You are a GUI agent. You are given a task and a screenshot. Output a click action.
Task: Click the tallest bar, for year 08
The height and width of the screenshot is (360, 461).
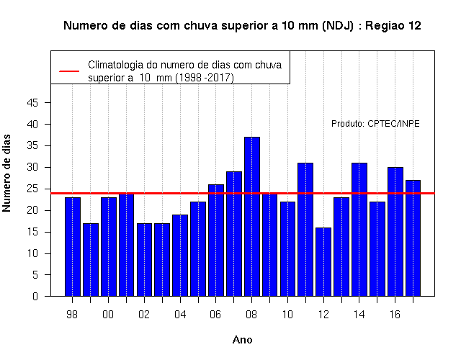pos(252,217)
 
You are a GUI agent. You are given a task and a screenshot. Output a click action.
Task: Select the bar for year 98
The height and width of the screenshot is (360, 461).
pos(73,247)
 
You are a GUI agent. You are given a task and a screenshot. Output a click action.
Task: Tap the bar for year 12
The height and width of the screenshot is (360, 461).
pos(323,262)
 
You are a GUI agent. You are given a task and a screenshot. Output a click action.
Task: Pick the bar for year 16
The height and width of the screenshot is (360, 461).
pos(395,232)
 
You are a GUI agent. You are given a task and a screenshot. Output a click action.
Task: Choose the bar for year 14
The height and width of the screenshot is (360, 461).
pos(359,230)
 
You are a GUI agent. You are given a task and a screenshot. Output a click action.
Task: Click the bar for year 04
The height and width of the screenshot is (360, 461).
pos(180,256)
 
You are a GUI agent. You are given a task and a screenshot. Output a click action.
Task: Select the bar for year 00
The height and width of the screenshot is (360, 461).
pos(109,247)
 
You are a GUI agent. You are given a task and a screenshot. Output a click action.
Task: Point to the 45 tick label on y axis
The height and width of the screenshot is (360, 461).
pos(32,103)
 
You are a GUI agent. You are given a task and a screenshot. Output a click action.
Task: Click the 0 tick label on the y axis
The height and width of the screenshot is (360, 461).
pos(35,296)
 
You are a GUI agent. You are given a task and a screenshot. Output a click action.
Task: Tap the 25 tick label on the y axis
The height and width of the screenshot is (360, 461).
pos(32,189)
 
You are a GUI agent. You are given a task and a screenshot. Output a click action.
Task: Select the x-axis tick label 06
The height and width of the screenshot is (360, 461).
pos(215,315)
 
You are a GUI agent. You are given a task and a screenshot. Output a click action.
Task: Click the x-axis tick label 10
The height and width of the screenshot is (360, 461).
pos(287,315)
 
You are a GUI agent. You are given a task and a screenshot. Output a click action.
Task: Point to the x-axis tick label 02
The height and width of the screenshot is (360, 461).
pos(144,315)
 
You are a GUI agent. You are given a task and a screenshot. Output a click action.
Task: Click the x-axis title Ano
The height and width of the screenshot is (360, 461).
pos(242,340)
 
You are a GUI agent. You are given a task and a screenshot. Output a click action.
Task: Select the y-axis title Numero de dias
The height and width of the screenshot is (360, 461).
pos(6,174)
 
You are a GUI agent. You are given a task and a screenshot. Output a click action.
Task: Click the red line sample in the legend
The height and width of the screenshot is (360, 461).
pos(69,71)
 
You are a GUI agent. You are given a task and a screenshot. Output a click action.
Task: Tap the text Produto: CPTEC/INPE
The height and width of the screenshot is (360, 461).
pos(375,124)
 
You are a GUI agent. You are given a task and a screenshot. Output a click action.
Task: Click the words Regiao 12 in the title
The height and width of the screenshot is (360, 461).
pos(393,26)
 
